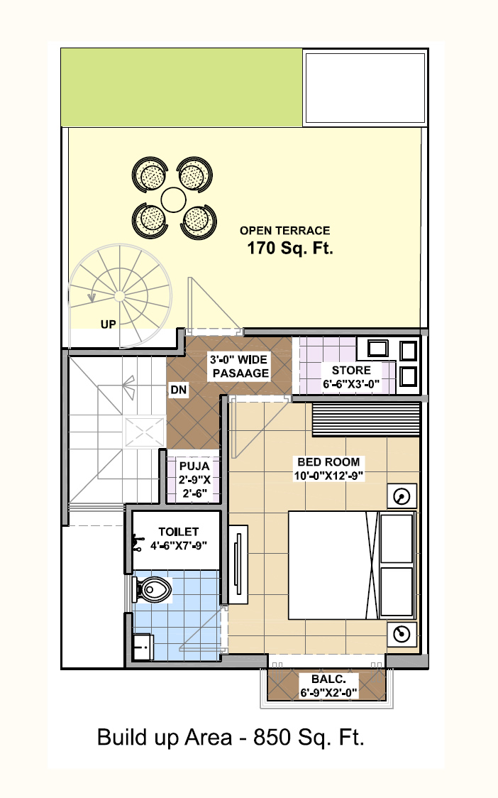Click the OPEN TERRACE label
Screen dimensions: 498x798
285,231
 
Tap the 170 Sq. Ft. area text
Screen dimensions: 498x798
290,248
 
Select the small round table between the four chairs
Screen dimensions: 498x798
174,199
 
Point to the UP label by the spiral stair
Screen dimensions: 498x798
108,324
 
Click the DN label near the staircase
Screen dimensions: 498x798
179,390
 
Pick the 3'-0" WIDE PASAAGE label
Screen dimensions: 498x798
240,366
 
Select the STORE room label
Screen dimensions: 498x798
351,370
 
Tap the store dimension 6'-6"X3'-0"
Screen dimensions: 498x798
351,384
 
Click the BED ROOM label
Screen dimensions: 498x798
328,462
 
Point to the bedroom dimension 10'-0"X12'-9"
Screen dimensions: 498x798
328,476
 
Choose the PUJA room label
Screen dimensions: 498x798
194,466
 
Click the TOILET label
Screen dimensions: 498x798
179,532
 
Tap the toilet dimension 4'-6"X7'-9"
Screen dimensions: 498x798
179,545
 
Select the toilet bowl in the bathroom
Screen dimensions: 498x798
152,589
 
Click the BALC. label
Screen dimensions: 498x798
328,679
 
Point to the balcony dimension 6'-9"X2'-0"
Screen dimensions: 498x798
328,693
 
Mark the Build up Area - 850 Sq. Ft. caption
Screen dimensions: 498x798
231,738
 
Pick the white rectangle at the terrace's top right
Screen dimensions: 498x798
365,87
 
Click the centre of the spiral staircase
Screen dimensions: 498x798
120,296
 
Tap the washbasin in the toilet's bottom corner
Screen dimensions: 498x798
143,647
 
